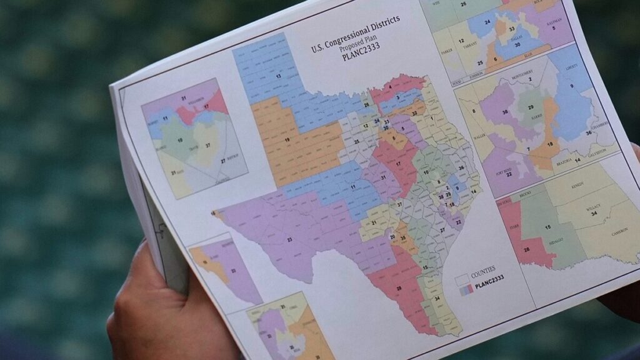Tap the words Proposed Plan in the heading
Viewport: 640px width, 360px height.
point(357,42)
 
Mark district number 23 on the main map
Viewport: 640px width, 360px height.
point(289,239)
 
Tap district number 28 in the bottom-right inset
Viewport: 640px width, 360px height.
point(526,249)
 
